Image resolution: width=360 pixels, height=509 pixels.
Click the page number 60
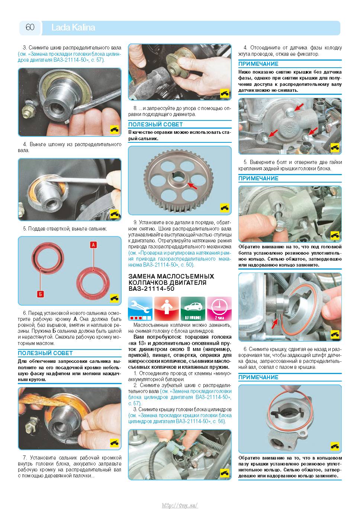30,27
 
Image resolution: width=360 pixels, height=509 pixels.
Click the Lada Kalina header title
73,28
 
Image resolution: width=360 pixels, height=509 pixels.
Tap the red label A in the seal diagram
93,245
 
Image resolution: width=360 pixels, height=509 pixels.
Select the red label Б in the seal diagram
40,294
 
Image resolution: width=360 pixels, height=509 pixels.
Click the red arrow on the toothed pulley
192,185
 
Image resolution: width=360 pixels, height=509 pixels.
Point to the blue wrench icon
140,308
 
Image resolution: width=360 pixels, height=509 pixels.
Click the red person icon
166,308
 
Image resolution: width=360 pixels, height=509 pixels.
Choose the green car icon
193,308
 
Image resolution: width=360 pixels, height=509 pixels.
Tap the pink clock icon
219,308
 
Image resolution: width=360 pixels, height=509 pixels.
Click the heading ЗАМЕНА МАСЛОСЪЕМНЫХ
171,276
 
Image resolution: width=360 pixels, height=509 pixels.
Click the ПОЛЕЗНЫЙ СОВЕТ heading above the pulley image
155,125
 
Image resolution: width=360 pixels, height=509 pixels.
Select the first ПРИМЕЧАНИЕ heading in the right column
258,64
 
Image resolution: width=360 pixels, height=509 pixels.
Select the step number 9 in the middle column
135,222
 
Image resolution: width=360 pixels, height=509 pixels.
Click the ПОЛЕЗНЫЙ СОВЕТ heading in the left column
45,353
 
